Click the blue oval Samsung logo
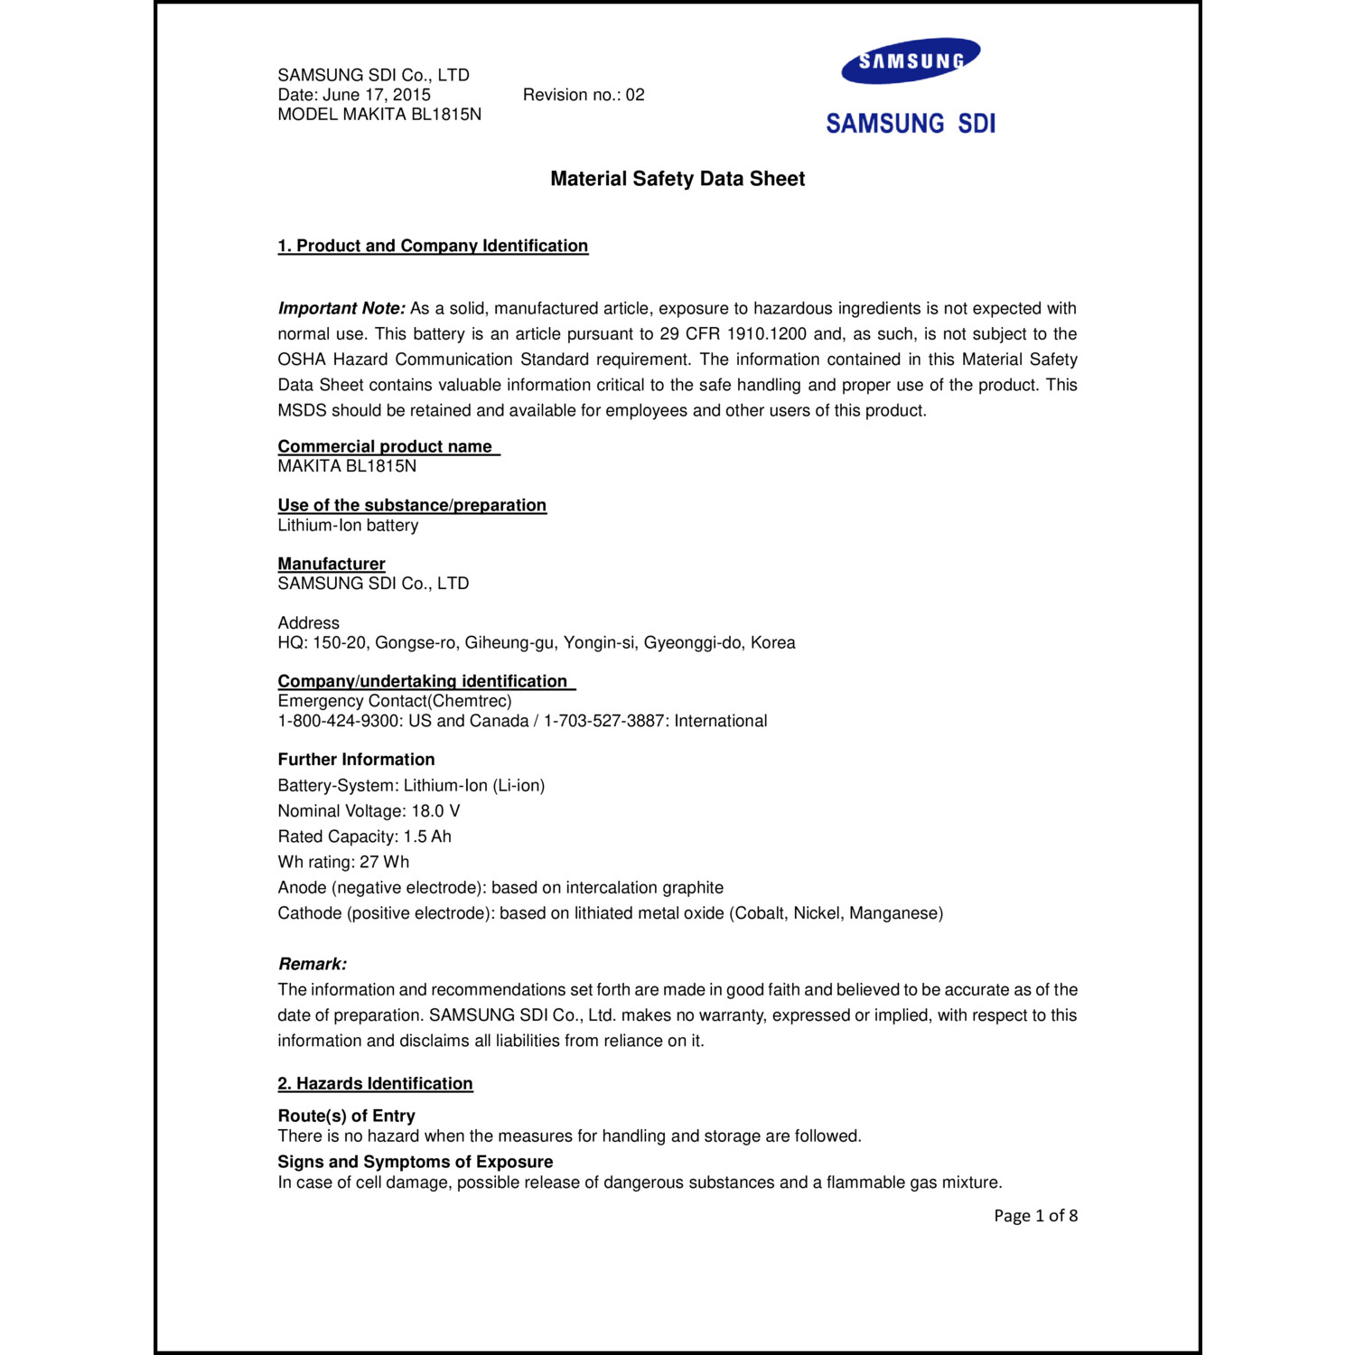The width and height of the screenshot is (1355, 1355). coord(911,61)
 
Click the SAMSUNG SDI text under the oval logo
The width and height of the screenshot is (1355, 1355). coord(911,124)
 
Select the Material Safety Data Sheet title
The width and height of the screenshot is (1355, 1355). coord(677,179)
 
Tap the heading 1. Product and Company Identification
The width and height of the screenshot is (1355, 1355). coord(433,246)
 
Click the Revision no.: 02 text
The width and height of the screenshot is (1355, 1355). coord(584,95)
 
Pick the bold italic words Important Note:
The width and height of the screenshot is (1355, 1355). coord(341,308)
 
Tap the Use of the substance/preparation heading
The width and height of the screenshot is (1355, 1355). coord(412,505)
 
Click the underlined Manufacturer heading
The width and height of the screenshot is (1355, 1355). coord(332,564)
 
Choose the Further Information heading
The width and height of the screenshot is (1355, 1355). coord(356,760)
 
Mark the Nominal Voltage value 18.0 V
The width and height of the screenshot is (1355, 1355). coord(435,811)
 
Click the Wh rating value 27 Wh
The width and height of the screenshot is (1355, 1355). coord(384,862)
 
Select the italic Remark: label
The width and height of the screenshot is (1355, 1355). coord(313,964)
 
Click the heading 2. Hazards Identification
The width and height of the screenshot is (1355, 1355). coord(375,1083)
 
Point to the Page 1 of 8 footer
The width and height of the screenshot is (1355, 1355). coord(1035,1216)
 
